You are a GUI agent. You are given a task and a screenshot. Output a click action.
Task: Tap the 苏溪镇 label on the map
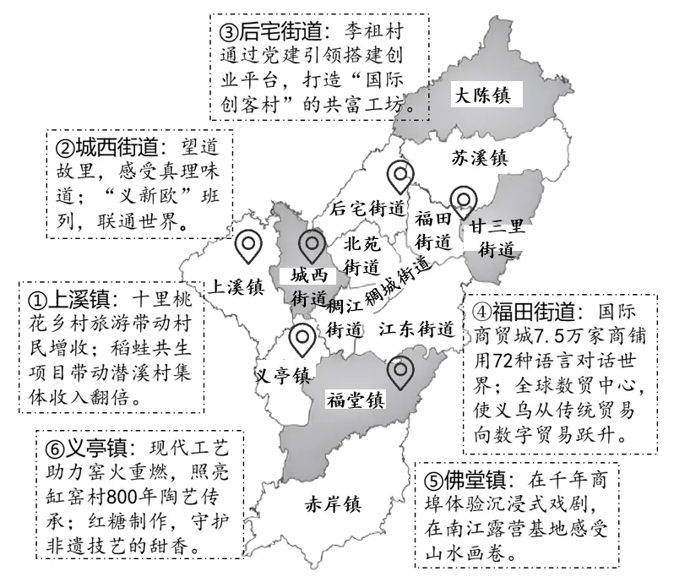[478, 157]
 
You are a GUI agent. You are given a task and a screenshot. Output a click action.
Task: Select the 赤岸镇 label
[332, 505]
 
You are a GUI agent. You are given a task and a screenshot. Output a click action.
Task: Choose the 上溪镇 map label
[238, 285]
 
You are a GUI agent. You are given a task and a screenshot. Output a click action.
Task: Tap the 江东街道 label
[416, 328]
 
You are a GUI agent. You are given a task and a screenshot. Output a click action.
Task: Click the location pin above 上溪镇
[247, 245]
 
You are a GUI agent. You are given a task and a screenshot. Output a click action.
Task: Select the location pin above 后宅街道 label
[398, 176]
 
